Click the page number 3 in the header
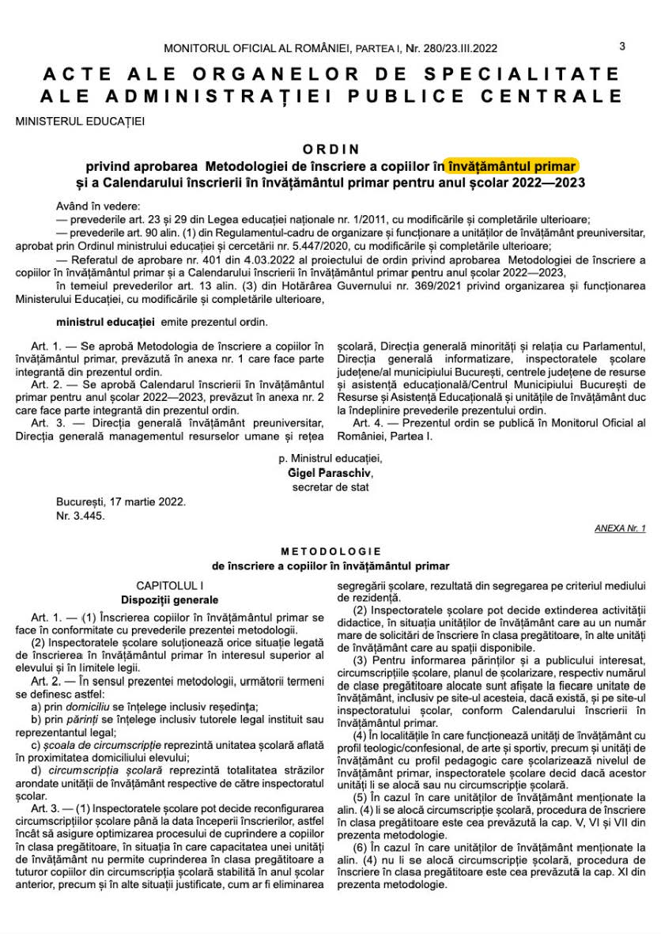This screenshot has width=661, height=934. click(x=622, y=47)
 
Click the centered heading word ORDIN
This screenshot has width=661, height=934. click(x=331, y=149)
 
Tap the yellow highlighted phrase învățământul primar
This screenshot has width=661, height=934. click(x=512, y=165)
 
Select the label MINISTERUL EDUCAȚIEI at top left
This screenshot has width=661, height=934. click(x=80, y=121)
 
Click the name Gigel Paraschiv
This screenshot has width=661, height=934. click(x=330, y=472)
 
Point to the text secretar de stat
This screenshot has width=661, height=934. click(x=330, y=486)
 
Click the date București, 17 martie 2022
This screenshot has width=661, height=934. click(x=121, y=501)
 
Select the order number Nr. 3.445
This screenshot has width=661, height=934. click(x=80, y=516)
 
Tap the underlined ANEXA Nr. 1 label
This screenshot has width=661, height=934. click(x=620, y=528)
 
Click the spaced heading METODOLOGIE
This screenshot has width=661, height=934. click(x=331, y=551)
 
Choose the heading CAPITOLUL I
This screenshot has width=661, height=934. click(x=170, y=586)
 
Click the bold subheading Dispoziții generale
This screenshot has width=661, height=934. click(x=169, y=600)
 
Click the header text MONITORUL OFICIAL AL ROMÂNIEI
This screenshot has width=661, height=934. click(x=256, y=48)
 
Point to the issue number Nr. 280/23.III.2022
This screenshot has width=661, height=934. click(x=451, y=48)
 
